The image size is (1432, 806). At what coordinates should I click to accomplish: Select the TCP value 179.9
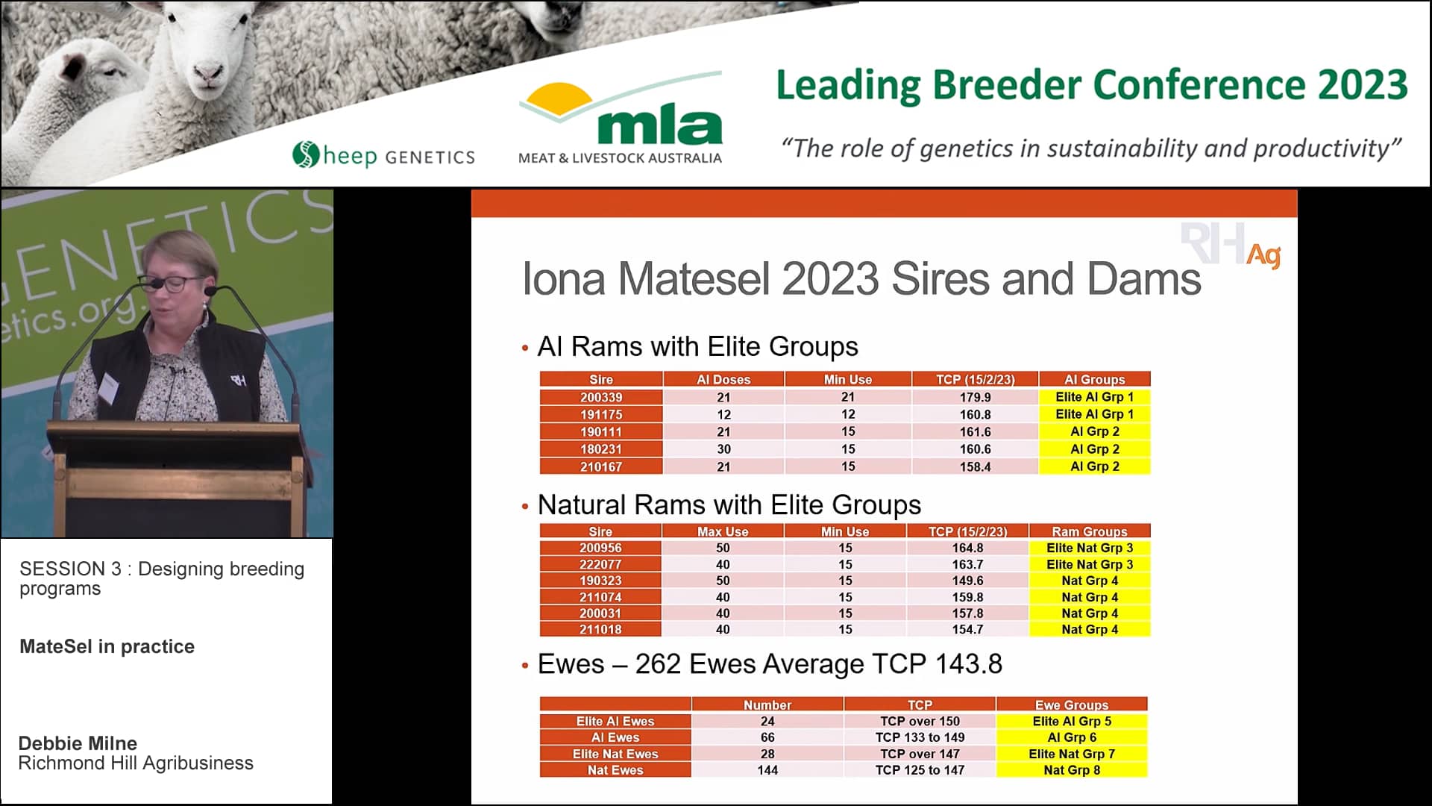pos(975,397)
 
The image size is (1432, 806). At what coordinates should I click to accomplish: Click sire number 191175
pos(601,414)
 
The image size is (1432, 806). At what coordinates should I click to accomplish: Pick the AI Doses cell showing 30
pos(723,449)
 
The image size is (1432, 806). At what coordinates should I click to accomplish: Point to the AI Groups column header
pos(1094,379)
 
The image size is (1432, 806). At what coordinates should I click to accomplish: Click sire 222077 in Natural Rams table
pos(600,564)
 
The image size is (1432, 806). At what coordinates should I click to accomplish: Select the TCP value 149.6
pos(967,581)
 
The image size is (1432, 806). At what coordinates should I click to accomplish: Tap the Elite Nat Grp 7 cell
pos(1071,754)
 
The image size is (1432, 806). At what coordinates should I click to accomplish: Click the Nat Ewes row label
pos(615,769)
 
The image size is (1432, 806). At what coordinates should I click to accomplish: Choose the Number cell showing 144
pos(767,769)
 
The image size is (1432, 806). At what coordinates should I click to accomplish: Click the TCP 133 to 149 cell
pos(920,737)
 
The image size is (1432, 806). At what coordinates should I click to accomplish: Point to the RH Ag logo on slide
pos(1231,246)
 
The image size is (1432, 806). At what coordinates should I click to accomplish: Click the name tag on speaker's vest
pos(110,387)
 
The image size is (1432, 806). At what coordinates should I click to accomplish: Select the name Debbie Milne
pos(78,743)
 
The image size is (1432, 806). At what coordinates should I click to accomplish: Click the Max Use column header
pos(722,531)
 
